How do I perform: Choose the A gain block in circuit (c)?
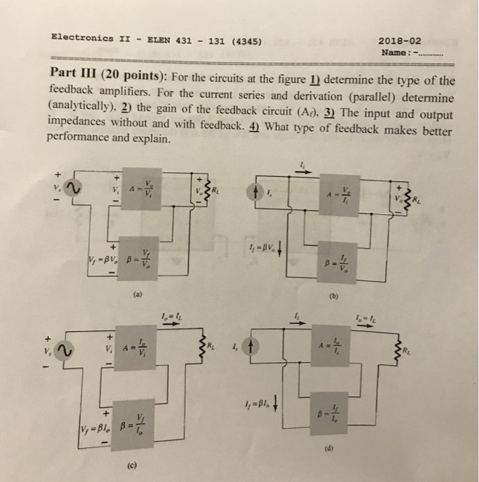coord(135,348)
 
